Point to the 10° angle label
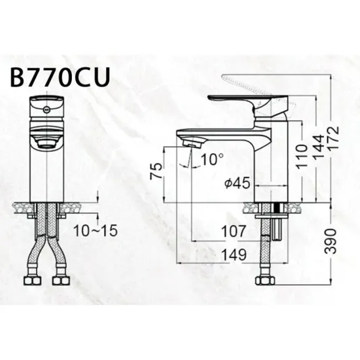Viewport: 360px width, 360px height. (212, 159)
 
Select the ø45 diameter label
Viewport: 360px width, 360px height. (236, 183)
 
